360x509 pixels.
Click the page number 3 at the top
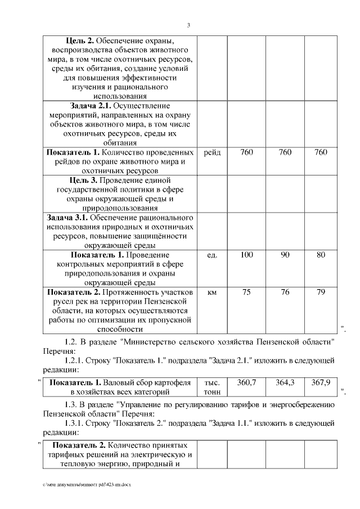[x=189, y=25]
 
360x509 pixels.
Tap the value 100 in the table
[x=246, y=255]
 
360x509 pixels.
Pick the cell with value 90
[x=285, y=255]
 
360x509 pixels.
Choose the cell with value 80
[x=321, y=255]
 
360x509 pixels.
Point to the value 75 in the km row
[x=246, y=292]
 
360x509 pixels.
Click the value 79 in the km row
[x=321, y=292]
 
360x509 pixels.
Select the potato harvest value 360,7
[x=246, y=382]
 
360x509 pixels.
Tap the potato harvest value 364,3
[x=285, y=382]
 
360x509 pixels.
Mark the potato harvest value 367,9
[x=321, y=382]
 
